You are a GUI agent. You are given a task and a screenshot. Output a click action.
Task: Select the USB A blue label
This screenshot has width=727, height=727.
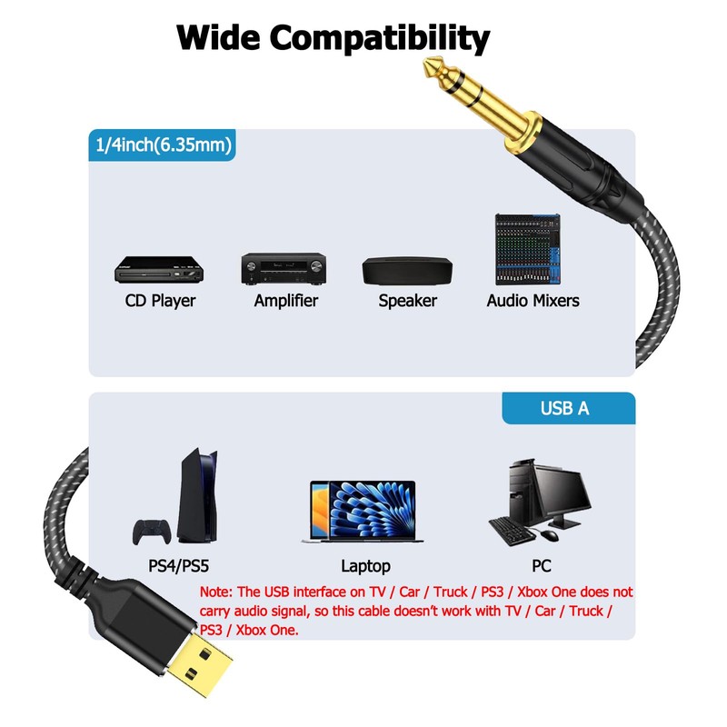(564, 408)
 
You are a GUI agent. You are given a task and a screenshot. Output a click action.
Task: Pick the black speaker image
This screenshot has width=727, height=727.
(406, 270)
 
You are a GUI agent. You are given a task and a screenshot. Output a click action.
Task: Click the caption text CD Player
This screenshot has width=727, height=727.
(160, 301)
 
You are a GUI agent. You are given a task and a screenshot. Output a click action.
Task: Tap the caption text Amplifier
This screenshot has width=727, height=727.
(286, 301)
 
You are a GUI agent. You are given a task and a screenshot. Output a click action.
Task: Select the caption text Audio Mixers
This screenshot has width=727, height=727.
(533, 301)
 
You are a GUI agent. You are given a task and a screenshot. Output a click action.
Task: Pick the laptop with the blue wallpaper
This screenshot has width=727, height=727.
(361, 512)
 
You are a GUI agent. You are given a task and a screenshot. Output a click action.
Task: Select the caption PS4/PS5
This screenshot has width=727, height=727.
(179, 566)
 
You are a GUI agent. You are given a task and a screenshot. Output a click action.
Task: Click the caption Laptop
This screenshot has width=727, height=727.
(365, 566)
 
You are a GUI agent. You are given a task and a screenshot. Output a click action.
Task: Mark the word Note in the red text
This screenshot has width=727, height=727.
(217, 592)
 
